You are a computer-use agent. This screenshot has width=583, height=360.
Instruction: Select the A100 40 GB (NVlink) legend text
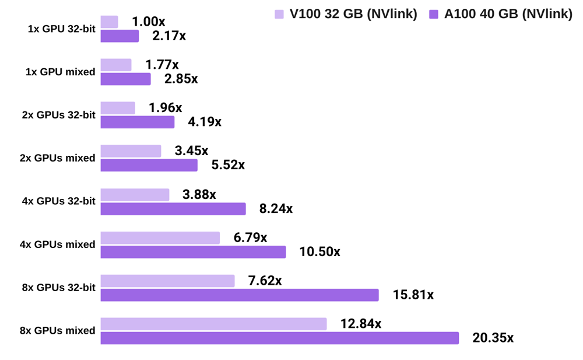click(x=508, y=15)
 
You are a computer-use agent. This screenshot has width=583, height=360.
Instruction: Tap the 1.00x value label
click(x=148, y=22)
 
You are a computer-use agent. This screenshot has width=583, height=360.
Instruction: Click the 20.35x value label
click(x=493, y=338)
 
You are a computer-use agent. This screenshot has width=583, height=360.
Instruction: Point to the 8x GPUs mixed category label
click(x=57, y=331)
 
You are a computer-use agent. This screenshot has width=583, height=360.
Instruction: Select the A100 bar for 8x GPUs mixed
click(x=279, y=338)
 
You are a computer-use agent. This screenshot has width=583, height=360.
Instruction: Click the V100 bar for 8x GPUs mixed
click(x=213, y=324)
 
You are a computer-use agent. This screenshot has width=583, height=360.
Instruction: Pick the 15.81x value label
click(x=413, y=295)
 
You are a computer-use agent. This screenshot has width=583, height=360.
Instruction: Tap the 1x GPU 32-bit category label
click(x=61, y=29)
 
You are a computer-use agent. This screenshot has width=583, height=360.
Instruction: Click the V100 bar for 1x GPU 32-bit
click(x=109, y=22)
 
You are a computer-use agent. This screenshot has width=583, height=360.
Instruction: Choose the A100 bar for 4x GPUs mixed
click(x=193, y=251)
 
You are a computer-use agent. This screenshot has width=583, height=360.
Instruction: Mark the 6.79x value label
click(x=250, y=237)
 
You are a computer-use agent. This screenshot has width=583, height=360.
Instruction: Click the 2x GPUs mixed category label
click(x=57, y=158)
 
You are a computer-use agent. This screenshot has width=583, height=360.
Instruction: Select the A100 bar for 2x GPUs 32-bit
click(x=137, y=122)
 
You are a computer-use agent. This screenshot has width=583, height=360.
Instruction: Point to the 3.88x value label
click(x=199, y=194)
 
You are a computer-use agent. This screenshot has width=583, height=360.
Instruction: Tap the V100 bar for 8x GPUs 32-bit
click(x=167, y=281)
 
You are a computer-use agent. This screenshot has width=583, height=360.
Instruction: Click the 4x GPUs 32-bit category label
click(x=58, y=201)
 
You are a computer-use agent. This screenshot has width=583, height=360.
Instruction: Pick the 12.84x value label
click(x=361, y=324)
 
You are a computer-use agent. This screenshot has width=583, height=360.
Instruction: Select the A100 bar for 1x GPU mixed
click(x=125, y=79)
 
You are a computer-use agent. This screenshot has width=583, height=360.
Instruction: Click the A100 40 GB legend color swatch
click(x=434, y=15)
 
